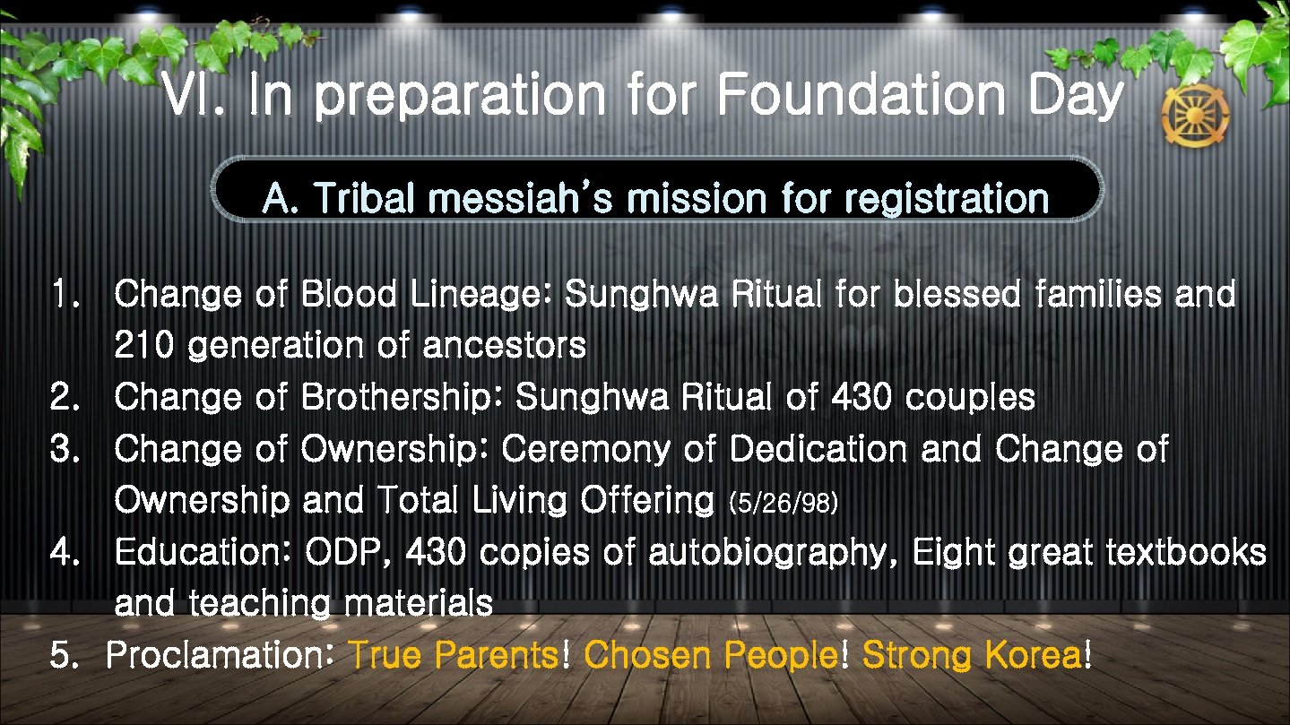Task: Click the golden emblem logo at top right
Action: (1195, 117)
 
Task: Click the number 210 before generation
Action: (143, 346)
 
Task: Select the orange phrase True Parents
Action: (453, 656)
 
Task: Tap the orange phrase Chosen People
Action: (712, 656)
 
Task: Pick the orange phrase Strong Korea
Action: (971, 656)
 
